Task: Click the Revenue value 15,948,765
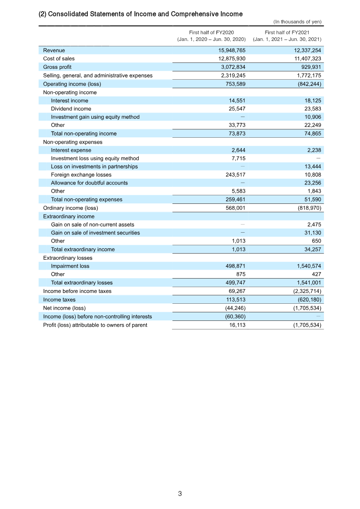[232, 50]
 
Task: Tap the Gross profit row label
[57, 67]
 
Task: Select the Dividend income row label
[71, 108]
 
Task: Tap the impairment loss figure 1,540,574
[306, 266]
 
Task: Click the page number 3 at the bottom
[180, 494]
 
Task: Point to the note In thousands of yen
[297, 22]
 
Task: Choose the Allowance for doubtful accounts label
[89, 183]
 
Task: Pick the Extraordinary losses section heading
[67, 258]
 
